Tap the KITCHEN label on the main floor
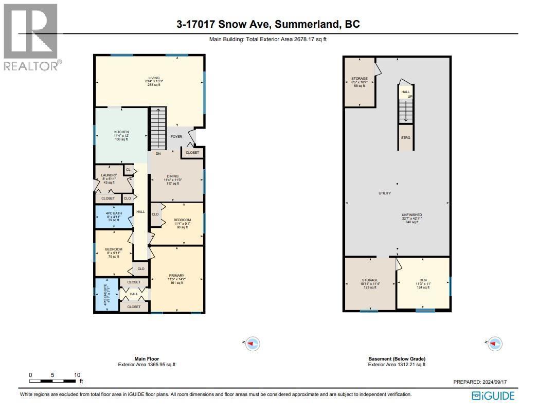click(x=121, y=132)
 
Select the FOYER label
click(x=176, y=137)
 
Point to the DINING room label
click(x=171, y=176)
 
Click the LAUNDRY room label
click(x=109, y=175)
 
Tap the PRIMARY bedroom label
click(x=176, y=275)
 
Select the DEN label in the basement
click(x=422, y=280)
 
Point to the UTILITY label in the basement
click(x=385, y=193)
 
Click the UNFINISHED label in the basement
click(x=413, y=215)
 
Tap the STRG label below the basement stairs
click(x=406, y=138)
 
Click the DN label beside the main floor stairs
click(x=158, y=153)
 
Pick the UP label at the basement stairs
click(x=410, y=96)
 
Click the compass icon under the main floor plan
click(x=252, y=343)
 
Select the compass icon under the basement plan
click(x=494, y=343)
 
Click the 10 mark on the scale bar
click(x=77, y=375)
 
